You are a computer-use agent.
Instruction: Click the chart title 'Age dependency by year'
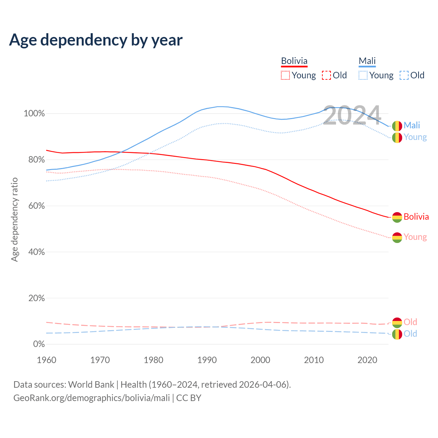click(x=96, y=40)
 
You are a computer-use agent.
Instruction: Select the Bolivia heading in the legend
click(x=294, y=61)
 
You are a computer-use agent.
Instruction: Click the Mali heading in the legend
click(x=367, y=61)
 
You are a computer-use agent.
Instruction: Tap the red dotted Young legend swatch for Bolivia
click(x=285, y=75)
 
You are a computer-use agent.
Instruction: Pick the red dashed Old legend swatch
click(x=326, y=75)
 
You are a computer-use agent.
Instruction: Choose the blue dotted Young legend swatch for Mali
click(x=363, y=75)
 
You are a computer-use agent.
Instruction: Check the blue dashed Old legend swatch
click(x=404, y=75)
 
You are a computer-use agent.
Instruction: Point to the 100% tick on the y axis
click(x=34, y=114)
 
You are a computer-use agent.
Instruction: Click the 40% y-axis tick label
click(x=36, y=252)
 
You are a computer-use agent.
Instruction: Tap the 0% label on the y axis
click(x=39, y=344)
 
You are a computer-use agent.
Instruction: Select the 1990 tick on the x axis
click(x=207, y=360)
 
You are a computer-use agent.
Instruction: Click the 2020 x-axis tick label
click(x=367, y=360)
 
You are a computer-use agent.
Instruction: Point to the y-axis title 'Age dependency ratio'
click(x=14, y=219)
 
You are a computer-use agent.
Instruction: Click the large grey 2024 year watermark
click(x=352, y=116)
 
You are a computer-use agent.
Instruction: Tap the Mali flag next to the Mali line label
click(x=397, y=126)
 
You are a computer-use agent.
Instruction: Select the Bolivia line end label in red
click(x=416, y=217)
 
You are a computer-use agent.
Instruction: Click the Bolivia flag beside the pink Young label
click(x=397, y=237)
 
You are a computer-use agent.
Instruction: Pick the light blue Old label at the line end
click(x=410, y=334)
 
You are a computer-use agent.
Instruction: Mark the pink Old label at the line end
click(x=410, y=322)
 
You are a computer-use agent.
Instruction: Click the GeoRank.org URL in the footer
click(x=92, y=398)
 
